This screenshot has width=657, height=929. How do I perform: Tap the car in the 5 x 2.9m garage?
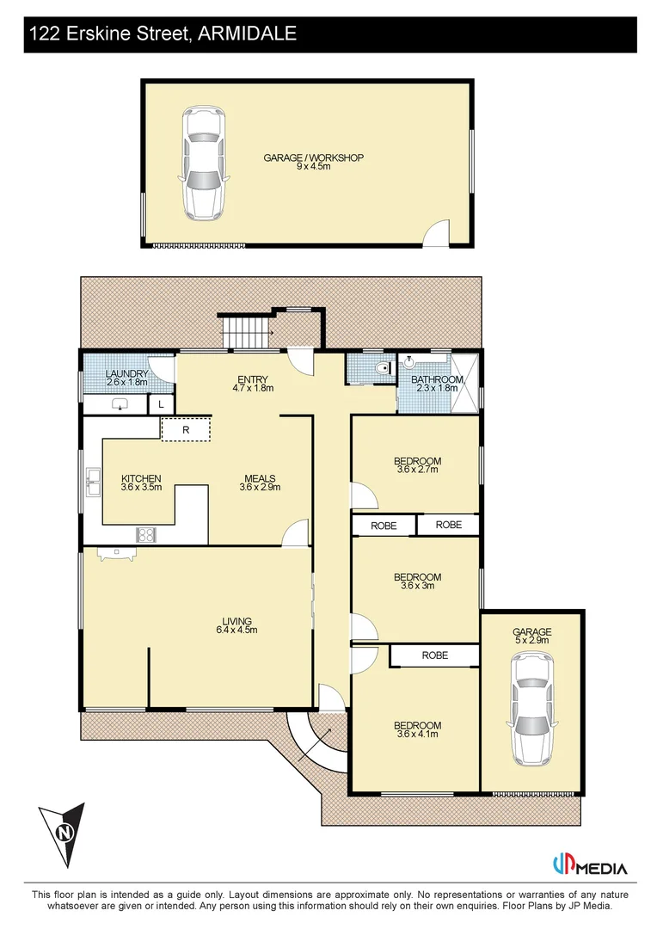(x=531, y=710)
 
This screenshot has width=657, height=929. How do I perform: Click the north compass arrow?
(x=62, y=833)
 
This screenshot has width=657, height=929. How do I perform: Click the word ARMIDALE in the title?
(x=247, y=34)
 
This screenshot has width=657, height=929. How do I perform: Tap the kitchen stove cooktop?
(x=146, y=535)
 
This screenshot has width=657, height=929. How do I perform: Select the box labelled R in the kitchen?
(x=186, y=429)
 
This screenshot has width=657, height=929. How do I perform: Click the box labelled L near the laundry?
(x=162, y=404)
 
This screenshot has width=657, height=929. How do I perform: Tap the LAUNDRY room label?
(x=126, y=374)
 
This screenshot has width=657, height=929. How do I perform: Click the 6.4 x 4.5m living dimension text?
(x=236, y=631)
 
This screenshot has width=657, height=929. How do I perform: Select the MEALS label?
(x=260, y=478)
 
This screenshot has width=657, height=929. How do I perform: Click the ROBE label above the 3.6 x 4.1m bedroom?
(x=434, y=655)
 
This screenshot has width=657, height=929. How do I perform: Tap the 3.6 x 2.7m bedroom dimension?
(x=418, y=470)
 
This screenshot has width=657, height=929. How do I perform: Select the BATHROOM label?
(x=437, y=379)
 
